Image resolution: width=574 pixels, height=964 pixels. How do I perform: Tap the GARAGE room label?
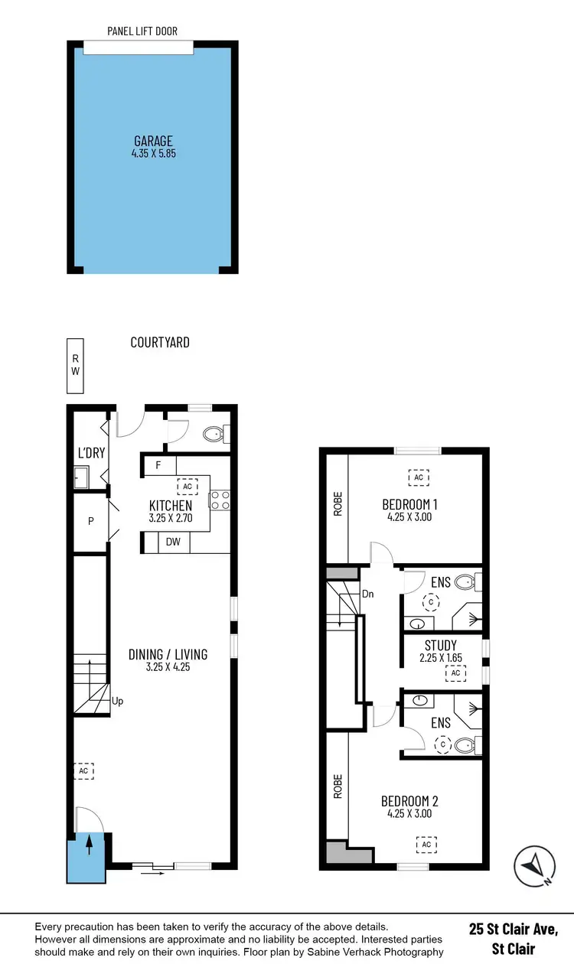[x=153, y=141]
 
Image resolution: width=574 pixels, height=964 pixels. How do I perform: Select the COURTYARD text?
[x=159, y=343]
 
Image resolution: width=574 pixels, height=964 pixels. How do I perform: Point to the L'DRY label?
[x=90, y=453]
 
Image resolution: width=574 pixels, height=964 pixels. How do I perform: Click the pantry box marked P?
[x=90, y=521]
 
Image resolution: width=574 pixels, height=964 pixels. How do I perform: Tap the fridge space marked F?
[x=158, y=465]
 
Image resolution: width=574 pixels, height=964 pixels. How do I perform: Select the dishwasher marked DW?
[x=173, y=542]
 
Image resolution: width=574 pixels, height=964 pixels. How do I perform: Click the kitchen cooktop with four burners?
[x=220, y=500]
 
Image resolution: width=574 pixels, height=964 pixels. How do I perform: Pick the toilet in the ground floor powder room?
[x=214, y=435]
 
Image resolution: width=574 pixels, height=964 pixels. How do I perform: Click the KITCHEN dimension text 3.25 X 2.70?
[x=170, y=518]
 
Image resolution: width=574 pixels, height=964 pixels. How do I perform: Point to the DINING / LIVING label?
[x=168, y=654]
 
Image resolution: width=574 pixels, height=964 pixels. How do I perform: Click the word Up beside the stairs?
[x=117, y=701]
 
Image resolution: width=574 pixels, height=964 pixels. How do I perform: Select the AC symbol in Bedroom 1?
[x=418, y=477]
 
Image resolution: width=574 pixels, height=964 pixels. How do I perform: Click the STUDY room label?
[x=440, y=646]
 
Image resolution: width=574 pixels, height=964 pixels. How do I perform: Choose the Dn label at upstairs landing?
[x=367, y=593]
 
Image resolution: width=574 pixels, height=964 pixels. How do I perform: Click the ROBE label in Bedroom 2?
[x=338, y=787]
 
